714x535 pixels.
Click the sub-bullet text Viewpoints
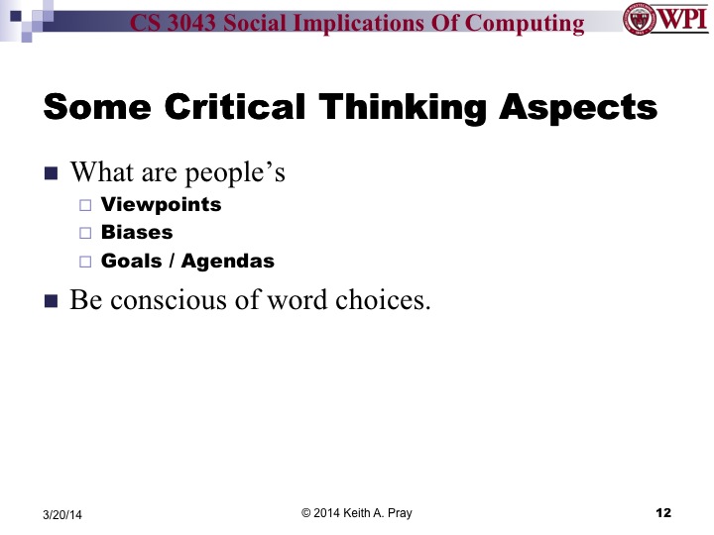coord(161,205)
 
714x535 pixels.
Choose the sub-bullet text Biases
coord(137,233)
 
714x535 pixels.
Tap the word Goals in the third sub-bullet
coord(131,262)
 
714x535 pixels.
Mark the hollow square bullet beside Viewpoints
coord(83,206)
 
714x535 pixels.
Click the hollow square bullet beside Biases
coord(83,234)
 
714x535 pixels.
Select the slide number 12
coord(663,512)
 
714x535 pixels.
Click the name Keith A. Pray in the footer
coord(377,512)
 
